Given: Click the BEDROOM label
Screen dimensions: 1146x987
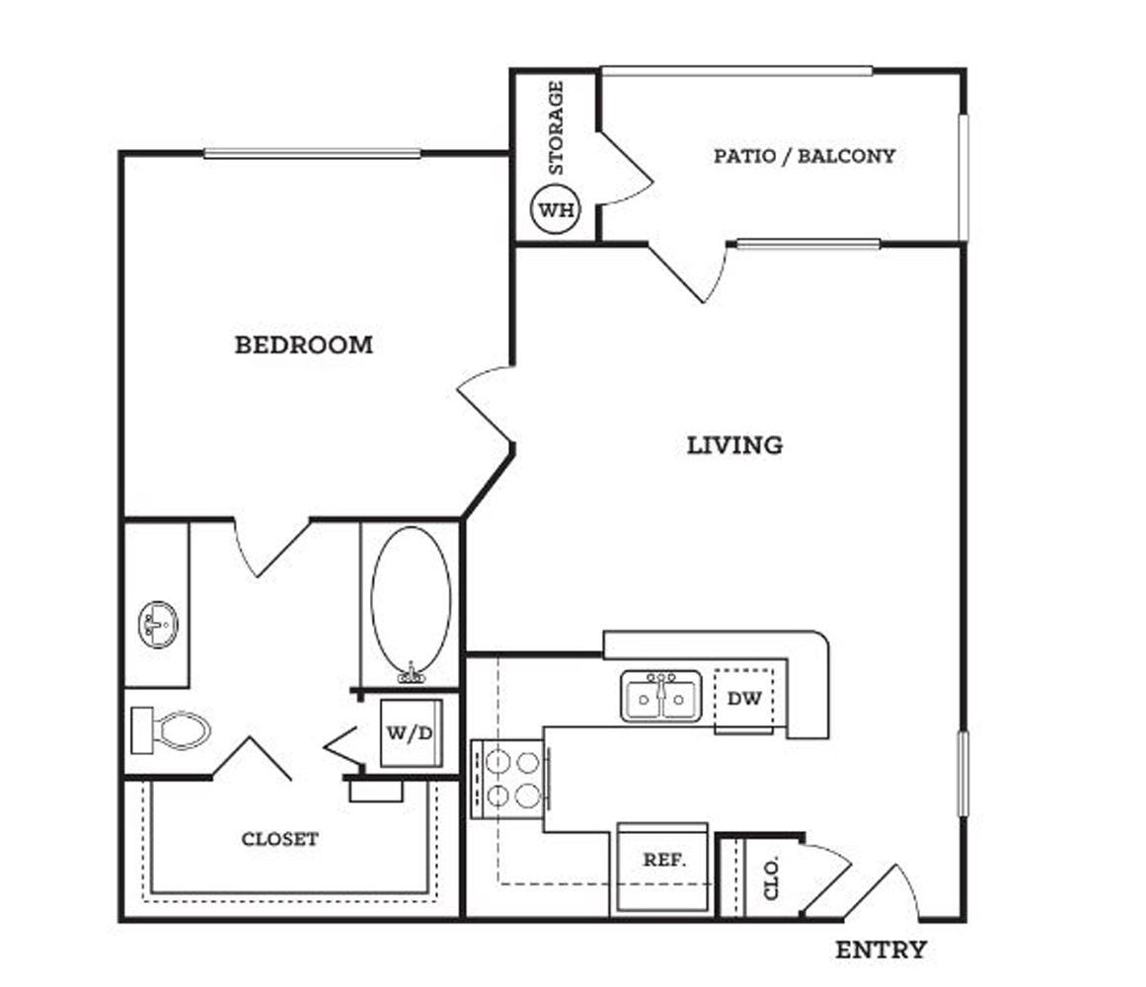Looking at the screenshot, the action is (x=303, y=344).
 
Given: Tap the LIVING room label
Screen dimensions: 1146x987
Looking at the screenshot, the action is (x=734, y=445).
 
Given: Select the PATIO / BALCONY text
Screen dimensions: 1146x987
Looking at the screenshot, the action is (x=803, y=156).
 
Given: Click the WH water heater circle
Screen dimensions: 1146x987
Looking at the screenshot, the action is (x=556, y=209).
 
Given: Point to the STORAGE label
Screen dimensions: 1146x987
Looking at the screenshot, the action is (x=556, y=128).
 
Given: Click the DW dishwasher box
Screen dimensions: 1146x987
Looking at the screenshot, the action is (x=744, y=699).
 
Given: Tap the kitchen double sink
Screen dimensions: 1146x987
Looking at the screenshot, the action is (x=661, y=697).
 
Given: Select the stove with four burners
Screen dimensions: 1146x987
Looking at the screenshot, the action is (x=509, y=778).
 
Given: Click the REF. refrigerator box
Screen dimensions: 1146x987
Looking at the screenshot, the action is (x=663, y=868).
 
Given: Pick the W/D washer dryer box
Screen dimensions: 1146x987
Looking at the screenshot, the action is (x=411, y=732).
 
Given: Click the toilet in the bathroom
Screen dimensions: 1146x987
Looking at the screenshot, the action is (x=171, y=729).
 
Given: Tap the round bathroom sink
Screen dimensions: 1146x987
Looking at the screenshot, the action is (x=158, y=625).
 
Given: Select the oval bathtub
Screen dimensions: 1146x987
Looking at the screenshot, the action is (x=411, y=604).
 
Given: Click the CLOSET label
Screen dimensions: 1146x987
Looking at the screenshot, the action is (x=280, y=839).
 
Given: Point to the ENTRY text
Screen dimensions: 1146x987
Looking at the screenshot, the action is (x=880, y=949).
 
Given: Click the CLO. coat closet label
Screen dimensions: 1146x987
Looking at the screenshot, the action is (x=771, y=877).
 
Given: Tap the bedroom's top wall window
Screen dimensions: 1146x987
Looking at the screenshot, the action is (x=312, y=153).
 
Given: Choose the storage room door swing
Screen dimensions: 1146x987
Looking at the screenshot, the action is (x=626, y=169).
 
